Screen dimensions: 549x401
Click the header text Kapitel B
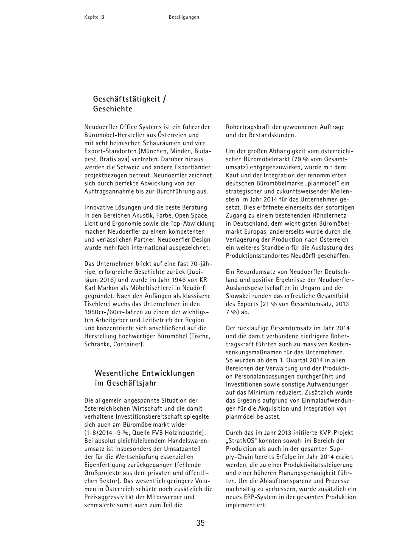94,17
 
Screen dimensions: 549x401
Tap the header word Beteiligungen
184,17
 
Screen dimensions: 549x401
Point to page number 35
200,523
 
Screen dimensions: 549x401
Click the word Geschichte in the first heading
113,109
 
